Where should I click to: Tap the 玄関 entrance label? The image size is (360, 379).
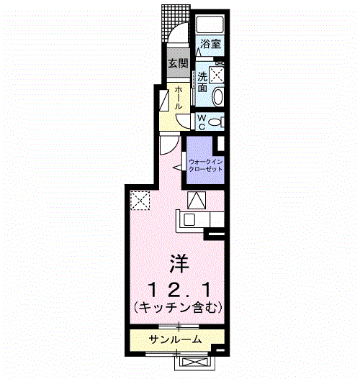tap(177, 63)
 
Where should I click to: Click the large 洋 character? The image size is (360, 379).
tap(179, 263)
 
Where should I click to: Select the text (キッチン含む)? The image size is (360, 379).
tap(179, 307)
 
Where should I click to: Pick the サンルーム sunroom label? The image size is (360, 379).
tap(176, 339)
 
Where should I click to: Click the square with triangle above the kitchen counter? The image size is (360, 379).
tap(196, 200)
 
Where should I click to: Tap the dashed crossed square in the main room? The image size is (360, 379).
tap(139, 199)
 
